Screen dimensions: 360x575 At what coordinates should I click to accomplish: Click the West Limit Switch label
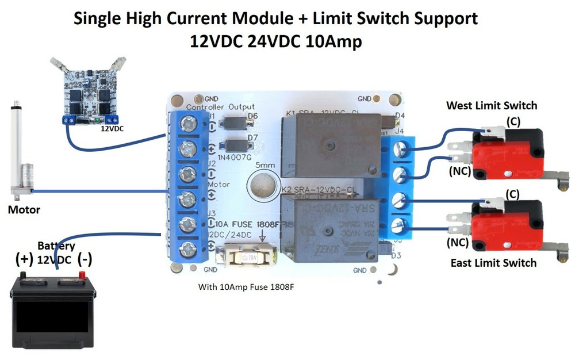tap(492, 105)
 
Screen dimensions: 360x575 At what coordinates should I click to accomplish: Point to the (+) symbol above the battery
tap(24, 259)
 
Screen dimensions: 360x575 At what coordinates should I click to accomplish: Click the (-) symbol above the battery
tap(85, 259)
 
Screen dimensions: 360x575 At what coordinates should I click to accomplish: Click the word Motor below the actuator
tap(24, 209)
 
